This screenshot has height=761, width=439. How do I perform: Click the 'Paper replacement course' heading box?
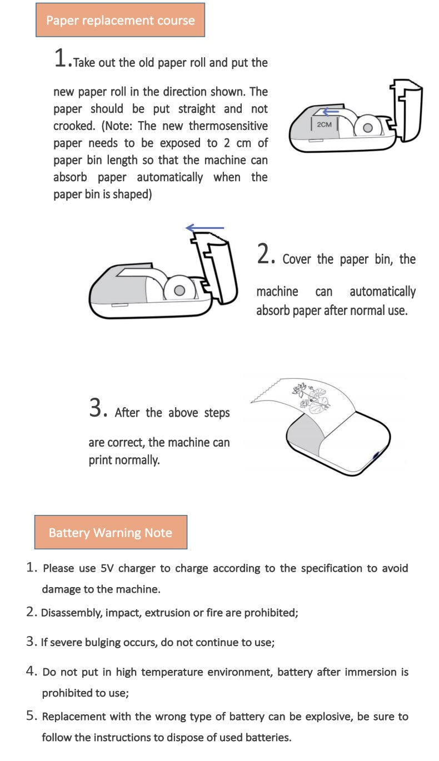click(x=120, y=21)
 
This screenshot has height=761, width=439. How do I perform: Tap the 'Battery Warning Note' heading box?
click(x=111, y=533)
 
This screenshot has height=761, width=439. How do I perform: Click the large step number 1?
click(x=61, y=58)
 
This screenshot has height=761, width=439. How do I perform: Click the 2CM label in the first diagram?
click(x=324, y=124)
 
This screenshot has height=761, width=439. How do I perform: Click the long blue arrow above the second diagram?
click(x=204, y=228)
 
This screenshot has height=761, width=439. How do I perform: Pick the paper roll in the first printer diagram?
click(x=366, y=127)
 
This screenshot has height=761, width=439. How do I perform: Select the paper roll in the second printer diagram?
click(x=179, y=289)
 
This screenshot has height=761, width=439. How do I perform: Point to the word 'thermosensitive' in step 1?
click(x=228, y=126)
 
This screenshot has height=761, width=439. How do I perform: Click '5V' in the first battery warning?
click(x=107, y=568)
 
